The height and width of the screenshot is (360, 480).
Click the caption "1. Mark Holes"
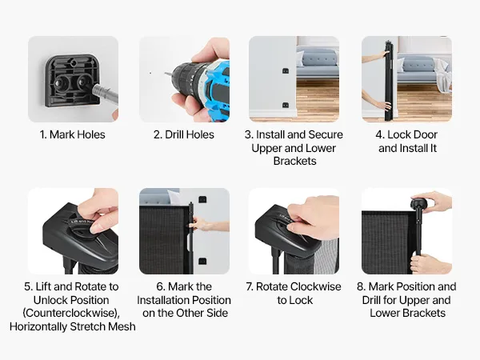click(x=73, y=134)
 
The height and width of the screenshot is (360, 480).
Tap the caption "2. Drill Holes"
click(x=184, y=134)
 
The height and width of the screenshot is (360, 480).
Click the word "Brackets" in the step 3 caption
click(x=294, y=161)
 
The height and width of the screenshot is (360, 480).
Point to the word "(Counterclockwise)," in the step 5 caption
click(x=71, y=313)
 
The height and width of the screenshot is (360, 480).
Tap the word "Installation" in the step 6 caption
click(x=169, y=300)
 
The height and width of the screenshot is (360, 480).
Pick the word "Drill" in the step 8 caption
click(x=371, y=300)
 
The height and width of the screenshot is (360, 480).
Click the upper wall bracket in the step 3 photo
click(x=286, y=71)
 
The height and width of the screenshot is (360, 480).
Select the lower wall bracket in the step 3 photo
click(x=286, y=106)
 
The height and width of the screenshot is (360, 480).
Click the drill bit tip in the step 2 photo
click(x=166, y=74)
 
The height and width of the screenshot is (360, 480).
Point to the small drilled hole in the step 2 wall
click(x=150, y=73)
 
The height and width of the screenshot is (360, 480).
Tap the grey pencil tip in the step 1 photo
click(x=94, y=88)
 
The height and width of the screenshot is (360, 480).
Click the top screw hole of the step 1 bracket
click(x=74, y=63)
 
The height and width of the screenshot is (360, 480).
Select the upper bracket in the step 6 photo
click(x=202, y=199)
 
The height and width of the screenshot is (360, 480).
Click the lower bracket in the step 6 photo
click(x=202, y=261)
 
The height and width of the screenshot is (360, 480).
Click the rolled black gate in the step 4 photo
click(x=389, y=80)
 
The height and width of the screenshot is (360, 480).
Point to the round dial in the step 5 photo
click(x=81, y=227)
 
